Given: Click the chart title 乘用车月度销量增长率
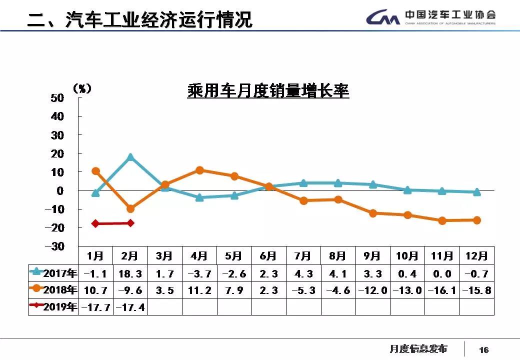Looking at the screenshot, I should (268, 91).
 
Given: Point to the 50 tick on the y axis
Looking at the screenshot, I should (57, 97).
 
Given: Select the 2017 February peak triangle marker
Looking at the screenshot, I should (130, 157).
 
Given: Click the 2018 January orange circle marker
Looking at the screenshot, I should (96, 171).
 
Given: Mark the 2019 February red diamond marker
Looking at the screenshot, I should (130, 223).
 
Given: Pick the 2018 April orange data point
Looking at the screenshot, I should (199, 170).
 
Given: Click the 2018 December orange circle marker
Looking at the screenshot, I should (476, 220).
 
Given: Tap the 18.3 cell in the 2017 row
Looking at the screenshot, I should (130, 273).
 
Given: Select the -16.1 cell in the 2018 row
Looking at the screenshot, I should (442, 290).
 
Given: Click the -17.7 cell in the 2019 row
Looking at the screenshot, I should (96, 307).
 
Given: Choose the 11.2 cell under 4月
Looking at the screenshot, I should (199, 290).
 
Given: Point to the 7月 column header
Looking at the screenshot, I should (303, 256).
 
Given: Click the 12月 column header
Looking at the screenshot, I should (476, 256).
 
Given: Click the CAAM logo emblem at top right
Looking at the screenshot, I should (382, 18).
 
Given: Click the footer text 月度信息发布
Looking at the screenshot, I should (418, 349).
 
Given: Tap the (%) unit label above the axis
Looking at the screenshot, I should (82, 89).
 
